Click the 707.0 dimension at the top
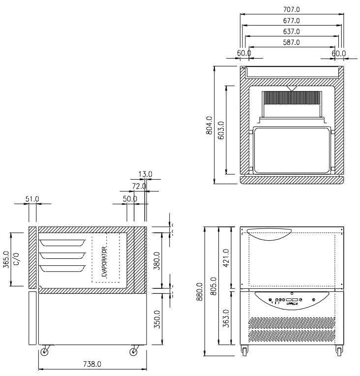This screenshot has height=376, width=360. tap(292, 9)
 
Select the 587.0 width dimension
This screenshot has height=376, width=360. tap(292, 42)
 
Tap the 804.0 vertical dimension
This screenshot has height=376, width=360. tap(209, 125)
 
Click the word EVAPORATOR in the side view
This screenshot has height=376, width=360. tap(104, 259)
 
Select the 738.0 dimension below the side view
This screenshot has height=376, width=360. tap(92, 364)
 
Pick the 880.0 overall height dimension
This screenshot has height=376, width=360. tap(200, 293)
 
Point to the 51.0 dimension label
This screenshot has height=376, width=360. tap(32, 199)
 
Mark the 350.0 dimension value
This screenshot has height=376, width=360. tap(156, 319)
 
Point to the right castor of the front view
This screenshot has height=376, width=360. tap(339, 350)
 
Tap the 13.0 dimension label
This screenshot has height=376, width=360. tap(146, 174)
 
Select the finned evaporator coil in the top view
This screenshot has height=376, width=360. tap(292, 104)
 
